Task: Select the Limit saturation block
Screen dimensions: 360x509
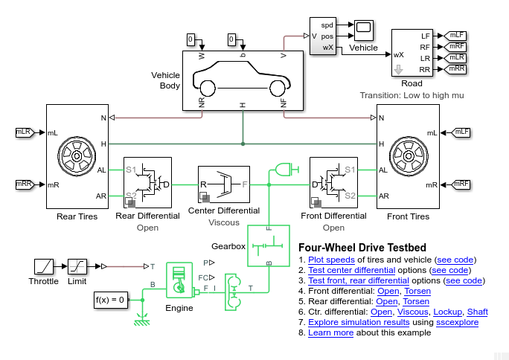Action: click(x=78, y=266)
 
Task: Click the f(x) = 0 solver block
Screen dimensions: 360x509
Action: click(x=111, y=300)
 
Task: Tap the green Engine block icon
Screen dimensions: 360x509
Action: click(x=179, y=281)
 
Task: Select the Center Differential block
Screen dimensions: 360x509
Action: click(x=223, y=184)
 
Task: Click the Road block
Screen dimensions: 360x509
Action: click(x=412, y=53)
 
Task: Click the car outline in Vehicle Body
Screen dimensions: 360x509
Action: click(x=242, y=78)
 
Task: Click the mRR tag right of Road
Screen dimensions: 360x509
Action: click(x=456, y=69)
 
